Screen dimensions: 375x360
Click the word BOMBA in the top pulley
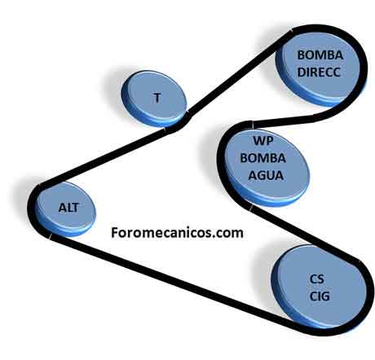320,55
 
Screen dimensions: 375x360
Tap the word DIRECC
319,72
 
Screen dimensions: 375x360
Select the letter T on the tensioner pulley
157,98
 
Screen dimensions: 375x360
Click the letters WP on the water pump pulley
263,141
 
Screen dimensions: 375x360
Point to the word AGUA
266,175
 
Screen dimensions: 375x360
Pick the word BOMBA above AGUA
263,158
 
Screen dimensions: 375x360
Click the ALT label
68,208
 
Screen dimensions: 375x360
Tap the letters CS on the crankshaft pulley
317,279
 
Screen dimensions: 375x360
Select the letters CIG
320,296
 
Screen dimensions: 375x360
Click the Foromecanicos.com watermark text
177,233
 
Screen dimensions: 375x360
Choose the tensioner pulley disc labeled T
154,99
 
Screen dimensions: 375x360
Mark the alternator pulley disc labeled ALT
65,209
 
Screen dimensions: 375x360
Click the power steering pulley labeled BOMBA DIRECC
320,65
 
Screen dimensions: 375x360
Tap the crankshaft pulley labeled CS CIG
320,288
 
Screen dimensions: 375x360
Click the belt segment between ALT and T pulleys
104,157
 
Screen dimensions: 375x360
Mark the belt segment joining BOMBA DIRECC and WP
291,120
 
